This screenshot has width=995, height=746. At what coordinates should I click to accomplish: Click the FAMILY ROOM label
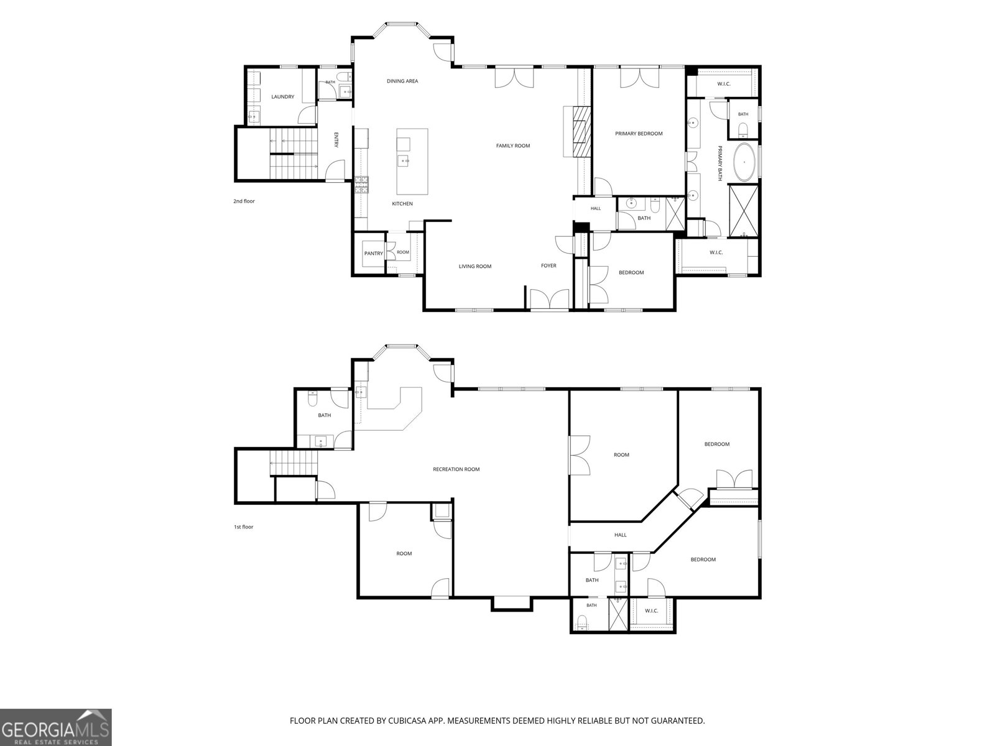click(512, 146)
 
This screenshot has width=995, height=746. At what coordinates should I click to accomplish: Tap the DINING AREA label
click(402, 81)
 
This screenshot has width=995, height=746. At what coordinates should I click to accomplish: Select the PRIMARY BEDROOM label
click(638, 134)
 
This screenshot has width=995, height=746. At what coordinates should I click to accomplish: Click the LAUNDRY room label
click(282, 97)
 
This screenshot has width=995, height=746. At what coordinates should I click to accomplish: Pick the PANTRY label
click(374, 254)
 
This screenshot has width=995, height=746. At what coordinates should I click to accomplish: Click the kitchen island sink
click(404, 161)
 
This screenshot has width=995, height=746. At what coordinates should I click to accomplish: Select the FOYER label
click(548, 266)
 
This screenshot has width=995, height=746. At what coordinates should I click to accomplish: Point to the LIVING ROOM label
click(475, 266)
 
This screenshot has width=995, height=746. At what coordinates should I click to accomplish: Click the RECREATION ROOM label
click(456, 469)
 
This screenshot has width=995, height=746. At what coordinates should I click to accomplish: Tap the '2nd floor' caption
click(244, 201)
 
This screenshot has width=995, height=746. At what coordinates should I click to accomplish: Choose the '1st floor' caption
click(243, 527)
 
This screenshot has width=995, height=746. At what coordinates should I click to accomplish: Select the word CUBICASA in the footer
click(407, 721)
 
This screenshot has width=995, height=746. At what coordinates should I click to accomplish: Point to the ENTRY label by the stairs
click(336, 139)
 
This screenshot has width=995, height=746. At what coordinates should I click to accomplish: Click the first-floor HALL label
click(620, 535)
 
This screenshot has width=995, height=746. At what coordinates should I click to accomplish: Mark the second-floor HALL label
click(596, 208)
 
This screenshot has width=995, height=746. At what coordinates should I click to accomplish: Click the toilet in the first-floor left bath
click(312, 398)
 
